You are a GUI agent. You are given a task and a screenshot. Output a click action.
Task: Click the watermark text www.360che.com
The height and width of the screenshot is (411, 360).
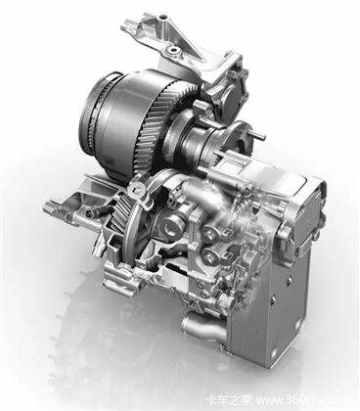coord(305,399)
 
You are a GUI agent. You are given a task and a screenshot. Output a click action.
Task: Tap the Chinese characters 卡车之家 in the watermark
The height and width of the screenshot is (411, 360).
coord(229,399)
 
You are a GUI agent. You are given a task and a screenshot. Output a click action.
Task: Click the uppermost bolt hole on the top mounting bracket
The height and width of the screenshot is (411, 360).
coord(160,17)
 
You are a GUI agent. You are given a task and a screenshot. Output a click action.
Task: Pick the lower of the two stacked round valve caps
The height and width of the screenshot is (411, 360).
coord(207,256)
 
